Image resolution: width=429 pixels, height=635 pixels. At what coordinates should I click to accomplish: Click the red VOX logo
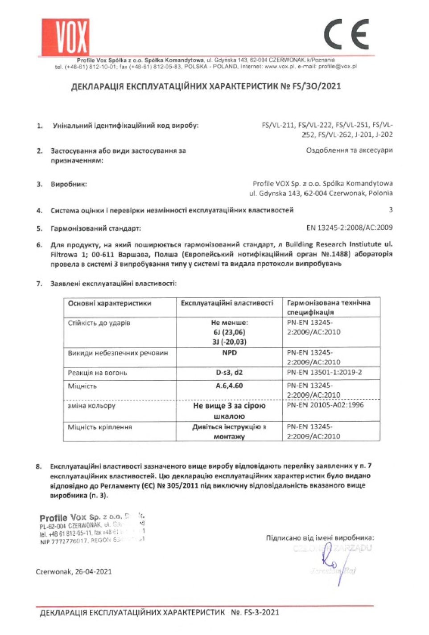click(x=66, y=37)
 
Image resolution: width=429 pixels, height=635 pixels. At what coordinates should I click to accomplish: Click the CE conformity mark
click(x=346, y=34)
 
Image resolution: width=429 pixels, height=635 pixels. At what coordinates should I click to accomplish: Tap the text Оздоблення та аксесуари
click(x=349, y=151)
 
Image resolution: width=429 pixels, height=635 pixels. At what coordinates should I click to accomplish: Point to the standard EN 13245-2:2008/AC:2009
click(x=349, y=228)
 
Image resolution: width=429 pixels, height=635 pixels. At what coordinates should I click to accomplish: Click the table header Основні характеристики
click(x=110, y=303)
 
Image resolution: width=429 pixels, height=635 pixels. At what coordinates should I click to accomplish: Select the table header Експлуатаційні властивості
click(x=227, y=303)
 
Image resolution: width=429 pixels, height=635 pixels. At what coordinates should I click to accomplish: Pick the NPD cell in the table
click(x=229, y=353)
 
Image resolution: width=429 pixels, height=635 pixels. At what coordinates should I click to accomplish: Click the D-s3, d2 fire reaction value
click(x=229, y=372)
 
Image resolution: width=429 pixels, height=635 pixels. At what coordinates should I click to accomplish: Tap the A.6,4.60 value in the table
click(x=229, y=386)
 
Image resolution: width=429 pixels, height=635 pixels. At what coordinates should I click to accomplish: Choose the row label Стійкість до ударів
click(x=99, y=323)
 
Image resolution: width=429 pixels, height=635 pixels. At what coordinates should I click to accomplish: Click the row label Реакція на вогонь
click(x=98, y=373)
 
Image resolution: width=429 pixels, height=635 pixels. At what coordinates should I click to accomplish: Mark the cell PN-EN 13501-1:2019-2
click(x=324, y=372)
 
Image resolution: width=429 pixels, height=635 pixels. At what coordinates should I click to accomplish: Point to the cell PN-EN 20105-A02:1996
click(x=325, y=405)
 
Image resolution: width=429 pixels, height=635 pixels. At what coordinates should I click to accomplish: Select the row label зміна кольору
click(x=91, y=406)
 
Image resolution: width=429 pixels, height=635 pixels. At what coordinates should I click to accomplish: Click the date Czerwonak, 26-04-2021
click(x=74, y=572)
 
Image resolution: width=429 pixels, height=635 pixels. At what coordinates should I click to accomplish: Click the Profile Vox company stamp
click(x=92, y=529)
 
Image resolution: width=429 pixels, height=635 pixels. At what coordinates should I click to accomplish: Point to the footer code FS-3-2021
click(x=261, y=612)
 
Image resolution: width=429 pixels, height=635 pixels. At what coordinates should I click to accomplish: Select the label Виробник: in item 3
click(x=69, y=184)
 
